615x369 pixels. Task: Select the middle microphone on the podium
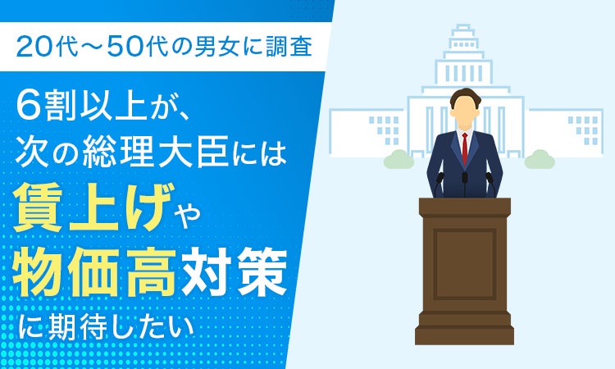[x=465, y=184]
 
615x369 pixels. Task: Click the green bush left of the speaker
[x=399, y=160]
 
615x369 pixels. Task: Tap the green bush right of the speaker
[x=540, y=160]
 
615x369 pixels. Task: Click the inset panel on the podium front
[x=465, y=265]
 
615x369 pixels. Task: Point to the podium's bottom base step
[x=464, y=336]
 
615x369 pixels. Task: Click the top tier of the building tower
[x=463, y=27]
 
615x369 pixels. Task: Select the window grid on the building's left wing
[x=385, y=130]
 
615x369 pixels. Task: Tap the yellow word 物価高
[x=93, y=271]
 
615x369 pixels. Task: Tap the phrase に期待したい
[x=107, y=326]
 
